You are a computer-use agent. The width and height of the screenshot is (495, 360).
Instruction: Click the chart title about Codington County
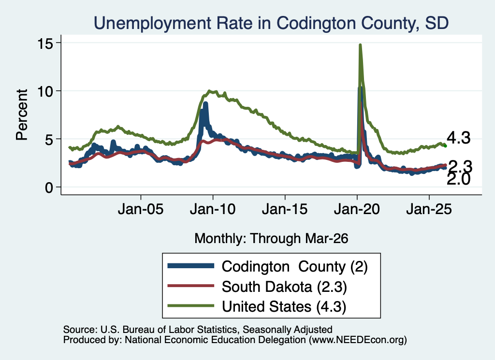tap(271, 23)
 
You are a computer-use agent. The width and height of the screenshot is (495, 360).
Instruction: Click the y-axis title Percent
tap(22, 115)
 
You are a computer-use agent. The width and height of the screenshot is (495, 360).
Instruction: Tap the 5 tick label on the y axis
tap(49, 140)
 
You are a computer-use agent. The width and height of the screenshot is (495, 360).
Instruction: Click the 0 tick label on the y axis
tap(49, 187)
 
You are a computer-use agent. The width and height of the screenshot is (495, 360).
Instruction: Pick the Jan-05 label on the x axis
tap(141, 209)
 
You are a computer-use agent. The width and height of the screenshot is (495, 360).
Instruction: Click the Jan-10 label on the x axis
tap(213, 209)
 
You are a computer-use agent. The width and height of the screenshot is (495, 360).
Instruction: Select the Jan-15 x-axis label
tap(285, 209)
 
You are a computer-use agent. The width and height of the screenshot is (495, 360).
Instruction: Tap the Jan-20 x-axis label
tap(357, 209)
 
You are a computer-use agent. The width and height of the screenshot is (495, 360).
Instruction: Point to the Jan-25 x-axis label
tap(429, 209)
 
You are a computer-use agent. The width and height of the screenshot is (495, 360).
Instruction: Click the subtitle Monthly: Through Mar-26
tap(271, 239)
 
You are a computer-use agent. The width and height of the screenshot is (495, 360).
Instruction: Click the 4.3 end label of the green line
tap(458, 138)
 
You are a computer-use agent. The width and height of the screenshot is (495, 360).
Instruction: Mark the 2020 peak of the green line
tap(360, 45)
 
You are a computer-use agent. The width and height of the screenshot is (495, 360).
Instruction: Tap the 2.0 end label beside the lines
tap(458, 180)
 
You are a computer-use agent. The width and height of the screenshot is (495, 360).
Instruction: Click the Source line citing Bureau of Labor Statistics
tap(198, 330)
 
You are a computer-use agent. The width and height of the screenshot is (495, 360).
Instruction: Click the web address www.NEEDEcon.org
tap(357, 340)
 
